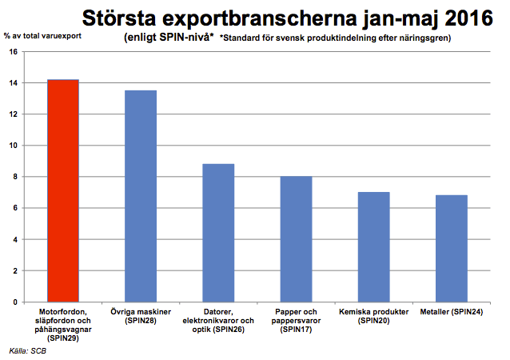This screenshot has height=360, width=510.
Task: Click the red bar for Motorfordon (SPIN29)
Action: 62,191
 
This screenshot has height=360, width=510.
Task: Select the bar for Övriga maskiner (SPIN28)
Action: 140,196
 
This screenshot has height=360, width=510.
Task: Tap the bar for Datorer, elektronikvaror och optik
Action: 217,233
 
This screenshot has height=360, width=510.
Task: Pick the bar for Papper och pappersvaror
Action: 295,239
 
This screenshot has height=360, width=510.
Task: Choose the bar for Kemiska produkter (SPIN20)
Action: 373,247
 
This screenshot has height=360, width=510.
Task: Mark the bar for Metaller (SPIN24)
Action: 451,249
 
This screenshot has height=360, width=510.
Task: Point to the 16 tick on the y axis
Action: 13,52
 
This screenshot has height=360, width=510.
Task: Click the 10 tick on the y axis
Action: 13,146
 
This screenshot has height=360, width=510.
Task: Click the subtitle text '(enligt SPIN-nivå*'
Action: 169,37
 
